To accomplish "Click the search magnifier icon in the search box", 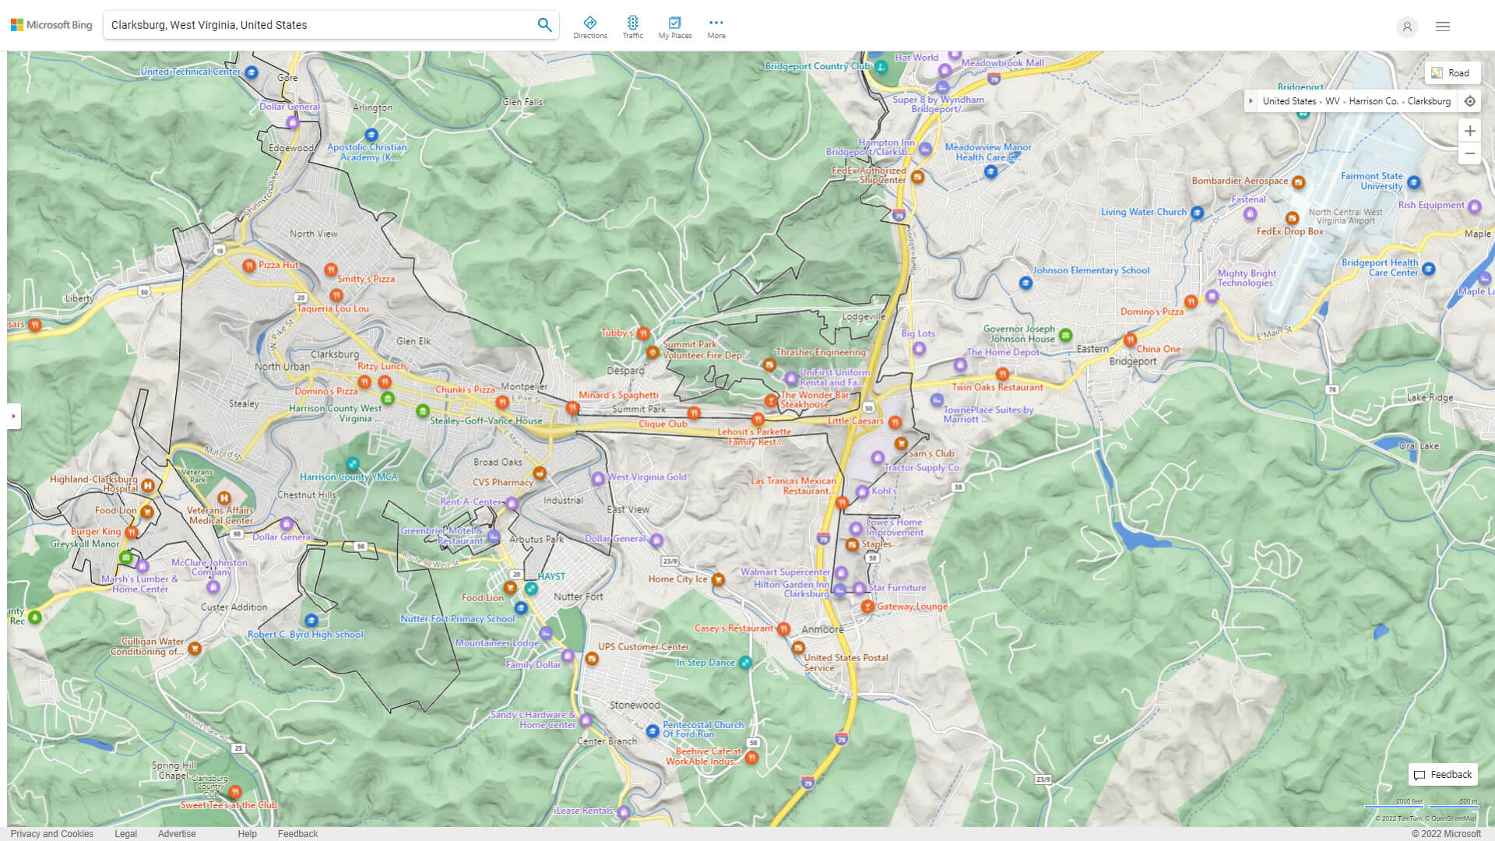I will click(544, 25).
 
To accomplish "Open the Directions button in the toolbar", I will click(590, 27).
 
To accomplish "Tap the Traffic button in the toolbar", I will click(633, 27).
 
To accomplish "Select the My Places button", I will click(675, 27).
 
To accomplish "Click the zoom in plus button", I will click(1469, 131).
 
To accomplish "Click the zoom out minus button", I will click(1469, 153).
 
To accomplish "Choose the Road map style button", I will click(1451, 72).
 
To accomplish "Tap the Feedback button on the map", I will click(1443, 775).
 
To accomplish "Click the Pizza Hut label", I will click(278, 265).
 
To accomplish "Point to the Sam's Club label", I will click(930, 453).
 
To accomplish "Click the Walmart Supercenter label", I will click(785, 572).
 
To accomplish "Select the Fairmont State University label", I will click(1371, 181).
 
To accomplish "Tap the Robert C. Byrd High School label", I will click(305, 634).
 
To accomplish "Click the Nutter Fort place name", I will click(578, 596).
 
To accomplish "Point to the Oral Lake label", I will click(1419, 446).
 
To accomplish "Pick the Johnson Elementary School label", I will click(1090, 270).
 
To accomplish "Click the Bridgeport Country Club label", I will click(817, 66).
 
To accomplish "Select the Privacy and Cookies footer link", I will click(52, 833).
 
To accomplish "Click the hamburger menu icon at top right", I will click(1442, 26).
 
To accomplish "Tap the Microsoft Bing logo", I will click(51, 25).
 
